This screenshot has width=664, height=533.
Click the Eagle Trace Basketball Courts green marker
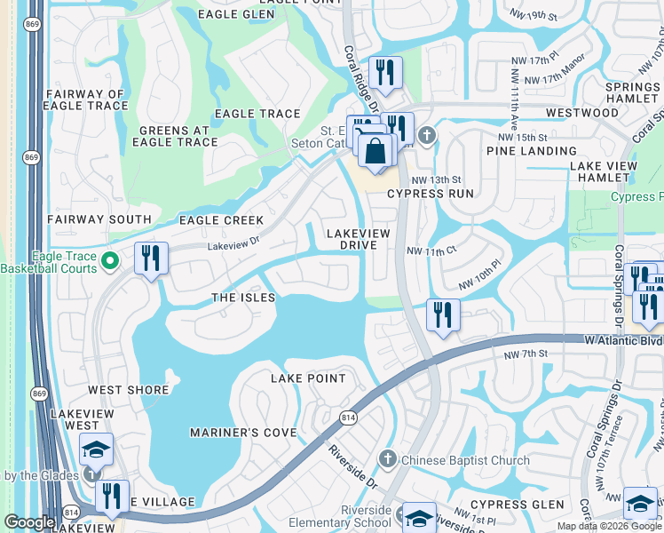point(110,260)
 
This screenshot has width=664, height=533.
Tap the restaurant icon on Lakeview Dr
point(151,259)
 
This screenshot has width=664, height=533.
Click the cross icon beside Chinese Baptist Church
point(387,459)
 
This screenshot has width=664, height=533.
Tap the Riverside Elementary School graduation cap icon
point(419,517)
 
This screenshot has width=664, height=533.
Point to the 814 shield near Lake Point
point(348,418)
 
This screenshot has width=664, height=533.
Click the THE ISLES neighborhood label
point(242,298)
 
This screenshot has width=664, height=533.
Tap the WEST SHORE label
point(128,390)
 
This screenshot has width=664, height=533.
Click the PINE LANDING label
point(532,151)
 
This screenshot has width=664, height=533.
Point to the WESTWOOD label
point(581,113)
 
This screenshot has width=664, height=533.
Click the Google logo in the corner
point(29,522)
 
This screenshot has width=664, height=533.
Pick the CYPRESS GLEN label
point(524,505)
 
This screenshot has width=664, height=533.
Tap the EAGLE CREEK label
point(221,220)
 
